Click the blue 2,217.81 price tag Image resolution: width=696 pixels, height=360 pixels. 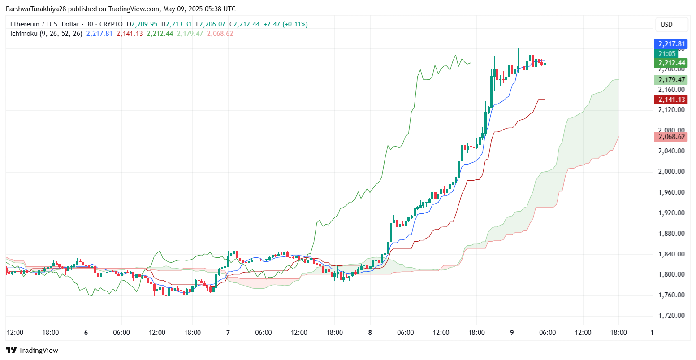tap(670, 44)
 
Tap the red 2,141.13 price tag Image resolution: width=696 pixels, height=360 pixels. tap(670, 100)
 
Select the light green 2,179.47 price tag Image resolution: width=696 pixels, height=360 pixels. tap(670, 80)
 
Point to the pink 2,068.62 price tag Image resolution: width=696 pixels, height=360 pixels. tap(670, 137)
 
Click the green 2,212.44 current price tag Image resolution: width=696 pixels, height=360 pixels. tap(670, 62)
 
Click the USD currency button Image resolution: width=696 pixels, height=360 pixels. tap(666, 25)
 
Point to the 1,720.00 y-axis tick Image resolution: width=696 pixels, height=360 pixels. tap(671, 316)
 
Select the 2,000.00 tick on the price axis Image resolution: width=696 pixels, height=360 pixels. tap(671, 172)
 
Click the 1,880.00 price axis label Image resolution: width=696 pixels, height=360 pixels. tap(671, 234)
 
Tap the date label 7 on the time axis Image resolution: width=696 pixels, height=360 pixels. tap(228, 333)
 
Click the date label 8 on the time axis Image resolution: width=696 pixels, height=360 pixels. tap(370, 333)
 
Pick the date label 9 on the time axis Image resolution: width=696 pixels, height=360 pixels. tap(512, 333)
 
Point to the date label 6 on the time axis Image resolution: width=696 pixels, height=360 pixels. tap(86, 333)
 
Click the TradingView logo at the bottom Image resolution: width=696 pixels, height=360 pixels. tap(32, 351)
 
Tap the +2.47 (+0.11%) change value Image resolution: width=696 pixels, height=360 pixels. tap(285, 24)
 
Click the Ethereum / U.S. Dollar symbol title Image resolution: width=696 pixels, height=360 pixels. tap(45, 24)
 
